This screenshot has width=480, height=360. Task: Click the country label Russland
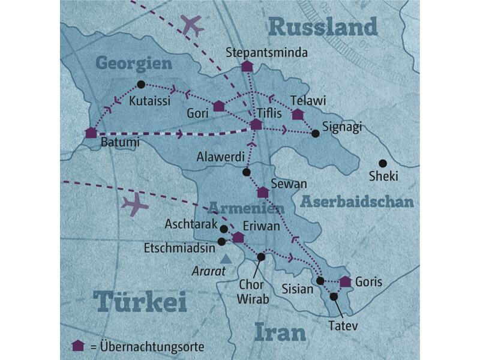click(323, 26)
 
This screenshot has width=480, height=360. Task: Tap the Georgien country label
click(133, 63)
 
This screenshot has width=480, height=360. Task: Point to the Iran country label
click(280, 331)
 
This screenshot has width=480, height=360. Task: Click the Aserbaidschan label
click(357, 202)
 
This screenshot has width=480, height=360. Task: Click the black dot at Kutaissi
click(141, 85)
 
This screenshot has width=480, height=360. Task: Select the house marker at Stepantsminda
click(247, 67)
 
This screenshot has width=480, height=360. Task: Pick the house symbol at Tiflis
click(256, 124)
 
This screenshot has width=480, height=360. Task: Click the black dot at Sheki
click(382, 163)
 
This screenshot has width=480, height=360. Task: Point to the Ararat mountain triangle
click(226, 259)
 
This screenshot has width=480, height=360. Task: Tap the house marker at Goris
click(345, 281)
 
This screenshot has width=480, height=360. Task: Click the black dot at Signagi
click(316, 133)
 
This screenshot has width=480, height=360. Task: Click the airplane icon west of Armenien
click(134, 205)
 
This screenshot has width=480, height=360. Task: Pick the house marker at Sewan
click(262, 193)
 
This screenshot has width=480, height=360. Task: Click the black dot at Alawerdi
click(246, 172)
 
